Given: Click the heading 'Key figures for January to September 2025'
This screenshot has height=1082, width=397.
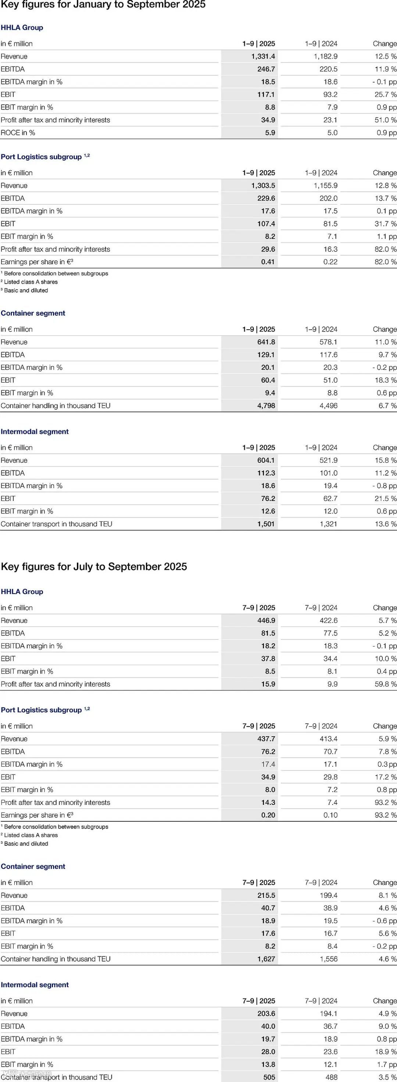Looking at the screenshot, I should (x=103, y=5).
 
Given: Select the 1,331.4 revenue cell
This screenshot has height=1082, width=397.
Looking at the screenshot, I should (x=263, y=56).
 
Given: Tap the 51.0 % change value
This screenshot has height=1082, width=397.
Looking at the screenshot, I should (x=385, y=120).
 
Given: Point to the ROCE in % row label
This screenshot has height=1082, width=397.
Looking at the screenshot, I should (x=18, y=132).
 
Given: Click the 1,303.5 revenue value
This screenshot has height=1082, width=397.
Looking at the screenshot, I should (x=263, y=185).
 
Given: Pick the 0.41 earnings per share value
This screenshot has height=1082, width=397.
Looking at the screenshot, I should (x=268, y=262).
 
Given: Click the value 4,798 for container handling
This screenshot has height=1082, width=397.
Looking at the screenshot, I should (x=266, y=405).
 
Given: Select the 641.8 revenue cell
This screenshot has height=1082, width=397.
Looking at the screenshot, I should (x=266, y=342).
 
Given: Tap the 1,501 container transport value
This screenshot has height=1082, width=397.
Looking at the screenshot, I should (x=266, y=524).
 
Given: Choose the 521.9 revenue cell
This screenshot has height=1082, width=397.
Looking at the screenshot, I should (x=328, y=460).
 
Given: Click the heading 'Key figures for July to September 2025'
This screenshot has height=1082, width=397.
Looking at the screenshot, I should (x=94, y=566).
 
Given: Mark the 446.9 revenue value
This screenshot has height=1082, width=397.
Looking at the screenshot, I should (x=266, y=620).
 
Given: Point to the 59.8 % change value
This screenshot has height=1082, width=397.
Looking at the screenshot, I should (x=385, y=684).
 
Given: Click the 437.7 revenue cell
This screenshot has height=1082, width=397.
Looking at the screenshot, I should (x=266, y=739).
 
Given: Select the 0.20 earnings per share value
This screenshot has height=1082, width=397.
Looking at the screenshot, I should (x=268, y=815).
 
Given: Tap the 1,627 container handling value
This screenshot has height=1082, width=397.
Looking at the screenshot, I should (x=266, y=959).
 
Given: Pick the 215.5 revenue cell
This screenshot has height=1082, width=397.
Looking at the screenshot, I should (x=266, y=895).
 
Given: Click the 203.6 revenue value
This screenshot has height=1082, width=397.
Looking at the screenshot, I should (x=266, y=1014).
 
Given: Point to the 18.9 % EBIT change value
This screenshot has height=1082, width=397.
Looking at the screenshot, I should (x=385, y=1052).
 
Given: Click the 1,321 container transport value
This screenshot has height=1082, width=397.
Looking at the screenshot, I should (x=328, y=524).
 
